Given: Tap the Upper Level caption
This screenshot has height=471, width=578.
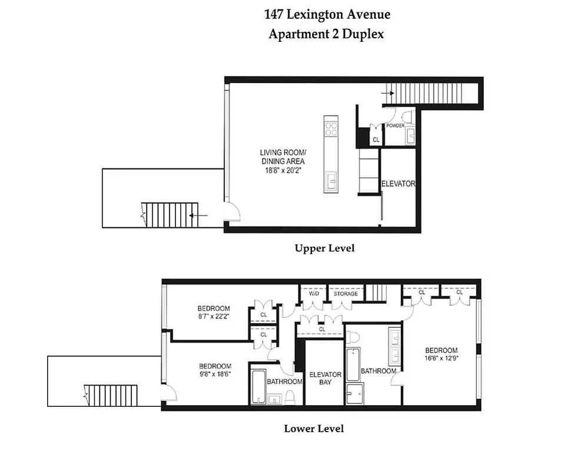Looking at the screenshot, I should pyautogui.click(x=324, y=248).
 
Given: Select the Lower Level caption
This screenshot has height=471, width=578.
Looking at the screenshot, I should pyautogui.click(x=314, y=429).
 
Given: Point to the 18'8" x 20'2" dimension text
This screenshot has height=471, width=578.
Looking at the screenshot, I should pyautogui.click(x=283, y=170).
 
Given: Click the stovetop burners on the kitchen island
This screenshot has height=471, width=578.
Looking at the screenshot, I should pyautogui.click(x=331, y=126).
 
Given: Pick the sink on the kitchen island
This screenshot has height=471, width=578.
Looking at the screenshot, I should pyautogui.click(x=330, y=180).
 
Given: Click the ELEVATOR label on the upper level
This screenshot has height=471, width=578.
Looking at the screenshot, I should pyautogui.click(x=398, y=184).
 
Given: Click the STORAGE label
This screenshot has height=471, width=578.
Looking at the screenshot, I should pyautogui.click(x=346, y=293).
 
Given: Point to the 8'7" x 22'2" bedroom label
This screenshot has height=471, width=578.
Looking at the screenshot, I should pyautogui.click(x=213, y=312).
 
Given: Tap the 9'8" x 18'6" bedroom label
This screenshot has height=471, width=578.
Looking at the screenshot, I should pyautogui.click(x=215, y=370).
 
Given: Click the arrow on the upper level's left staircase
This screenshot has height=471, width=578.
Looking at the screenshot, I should pyautogui.click(x=198, y=215).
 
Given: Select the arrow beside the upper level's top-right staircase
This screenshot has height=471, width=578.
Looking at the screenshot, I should pyautogui.click(x=387, y=92).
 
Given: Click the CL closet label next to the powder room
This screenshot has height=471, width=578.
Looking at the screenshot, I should pyautogui.click(x=376, y=140).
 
